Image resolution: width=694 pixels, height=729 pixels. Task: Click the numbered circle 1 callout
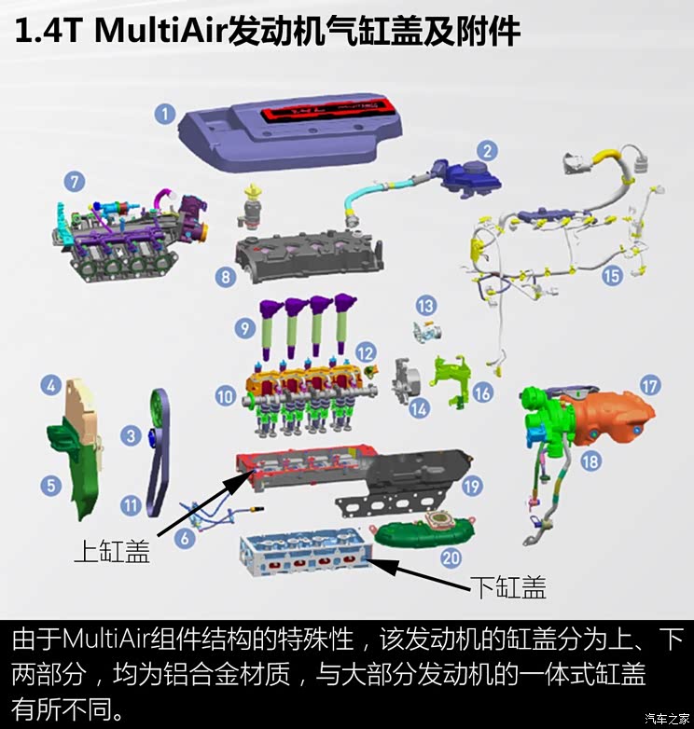[165, 115]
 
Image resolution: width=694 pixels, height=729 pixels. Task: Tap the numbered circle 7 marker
[75, 181]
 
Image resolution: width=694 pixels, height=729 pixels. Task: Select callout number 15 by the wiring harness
[611, 275]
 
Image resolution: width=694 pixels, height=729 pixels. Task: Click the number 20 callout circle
[451, 558]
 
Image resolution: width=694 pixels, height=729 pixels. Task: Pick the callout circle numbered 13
[426, 305]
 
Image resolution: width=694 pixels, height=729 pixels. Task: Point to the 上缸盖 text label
[112, 552]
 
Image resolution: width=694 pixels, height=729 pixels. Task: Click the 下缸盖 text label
[507, 587]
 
